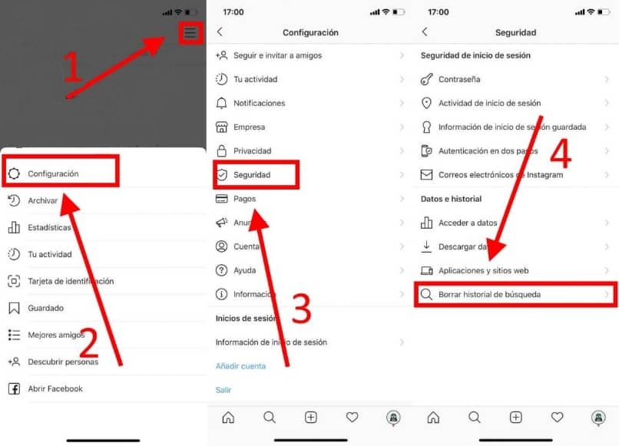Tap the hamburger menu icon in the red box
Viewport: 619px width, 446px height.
(x=190, y=33)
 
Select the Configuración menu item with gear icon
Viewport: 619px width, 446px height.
(x=53, y=173)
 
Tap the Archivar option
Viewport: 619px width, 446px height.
(x=43, y=200)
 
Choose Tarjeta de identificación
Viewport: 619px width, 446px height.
(x=71, y=281)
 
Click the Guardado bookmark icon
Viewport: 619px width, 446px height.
(x=14, y=308)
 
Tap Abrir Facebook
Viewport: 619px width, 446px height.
(x=55, y=388)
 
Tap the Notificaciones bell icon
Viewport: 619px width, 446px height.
(x=221, y=103)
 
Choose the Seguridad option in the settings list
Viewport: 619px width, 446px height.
(x=252, y=175)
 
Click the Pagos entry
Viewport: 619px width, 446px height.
(x=244, y=199)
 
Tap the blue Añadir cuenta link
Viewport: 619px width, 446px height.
(x=240, y=366)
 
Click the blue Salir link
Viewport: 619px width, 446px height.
(x=223, y=390)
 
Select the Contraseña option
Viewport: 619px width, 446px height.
(x=459, y=79)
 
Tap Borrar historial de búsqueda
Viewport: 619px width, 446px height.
(x=494, y=294)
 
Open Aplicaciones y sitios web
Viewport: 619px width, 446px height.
(x=483, y=270)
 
